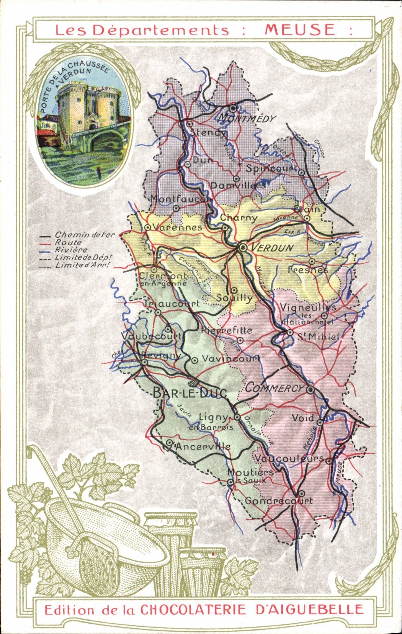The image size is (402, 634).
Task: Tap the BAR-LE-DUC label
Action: [x=190, y=392]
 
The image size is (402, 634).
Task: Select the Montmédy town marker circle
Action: [x=233, y=108]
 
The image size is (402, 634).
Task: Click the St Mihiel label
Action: [x=319, y=337]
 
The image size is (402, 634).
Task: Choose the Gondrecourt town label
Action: [x=279, y=500]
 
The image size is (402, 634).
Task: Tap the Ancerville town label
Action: [x=203, y=446]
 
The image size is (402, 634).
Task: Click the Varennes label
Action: [x=177, y=227]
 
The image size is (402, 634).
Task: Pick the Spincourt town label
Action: [x=271, y=168]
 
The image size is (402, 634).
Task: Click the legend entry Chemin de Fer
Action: [x=85, y=235]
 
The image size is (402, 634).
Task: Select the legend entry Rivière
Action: [x=71, y=250]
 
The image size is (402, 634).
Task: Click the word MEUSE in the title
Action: [x=300, y=29]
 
